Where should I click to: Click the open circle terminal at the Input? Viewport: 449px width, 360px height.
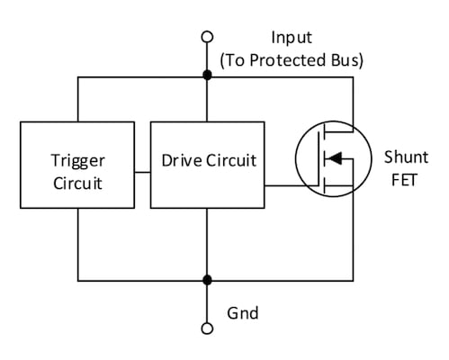tap(208, 37)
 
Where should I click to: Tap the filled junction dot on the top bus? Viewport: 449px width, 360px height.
tap(208, 77)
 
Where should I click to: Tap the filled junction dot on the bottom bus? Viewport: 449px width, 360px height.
tap(208, 279)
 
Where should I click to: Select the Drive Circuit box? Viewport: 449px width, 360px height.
tap(208, 162)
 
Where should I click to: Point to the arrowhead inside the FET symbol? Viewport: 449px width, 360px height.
tap(331, 159)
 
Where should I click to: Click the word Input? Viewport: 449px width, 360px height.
tap(291, 38)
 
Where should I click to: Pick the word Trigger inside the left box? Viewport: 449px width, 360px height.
tap(77, 160)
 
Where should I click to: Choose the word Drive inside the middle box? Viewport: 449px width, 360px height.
tap(180, 162)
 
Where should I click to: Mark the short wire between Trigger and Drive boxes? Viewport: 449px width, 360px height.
tap(141, 172)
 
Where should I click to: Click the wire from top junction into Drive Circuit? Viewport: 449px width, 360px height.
tap(208, 99)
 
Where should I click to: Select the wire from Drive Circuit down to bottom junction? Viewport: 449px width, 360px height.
tap(208, 243)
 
